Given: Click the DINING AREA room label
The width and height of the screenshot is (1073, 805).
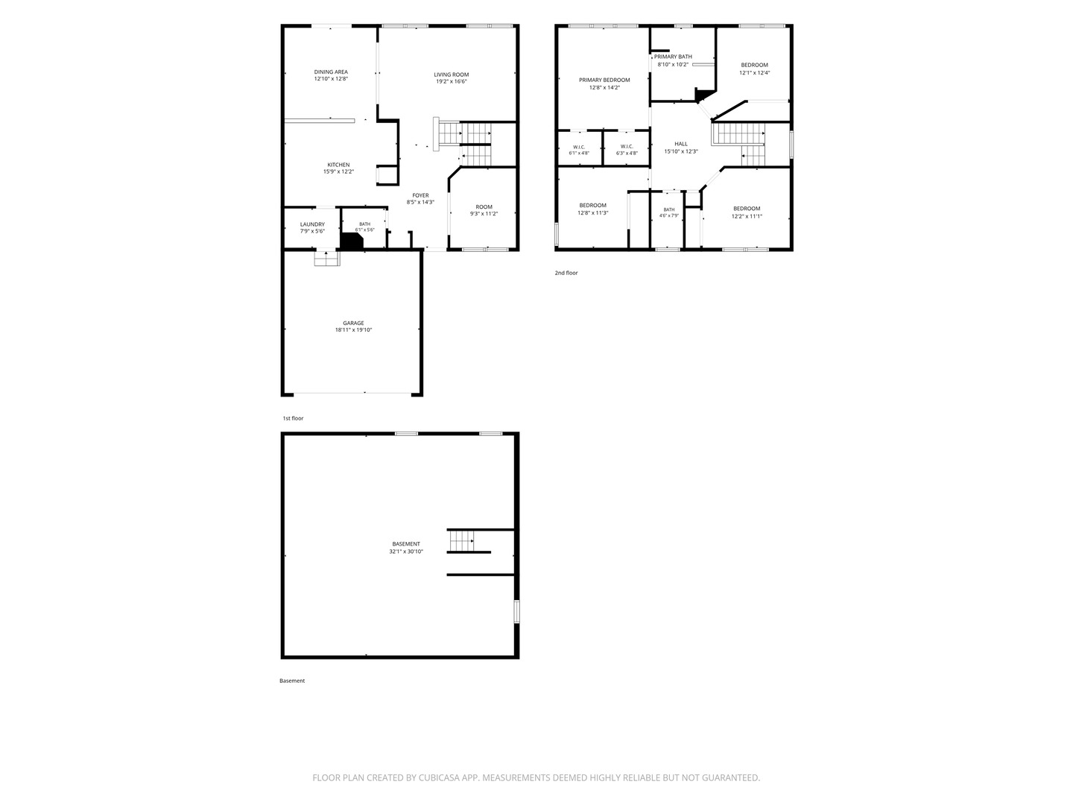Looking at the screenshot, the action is (331, 72).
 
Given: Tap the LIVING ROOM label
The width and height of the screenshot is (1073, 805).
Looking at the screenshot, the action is (452, 75).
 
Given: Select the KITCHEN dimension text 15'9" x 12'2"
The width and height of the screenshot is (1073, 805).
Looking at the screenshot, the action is (338, 171).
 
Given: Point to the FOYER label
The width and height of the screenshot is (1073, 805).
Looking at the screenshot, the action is (420, 195).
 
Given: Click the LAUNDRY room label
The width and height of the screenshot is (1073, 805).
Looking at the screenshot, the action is (312, 224).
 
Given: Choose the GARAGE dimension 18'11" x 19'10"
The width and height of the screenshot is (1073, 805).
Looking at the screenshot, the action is (353, 330).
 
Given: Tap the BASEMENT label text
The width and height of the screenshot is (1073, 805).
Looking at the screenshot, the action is (406, 544).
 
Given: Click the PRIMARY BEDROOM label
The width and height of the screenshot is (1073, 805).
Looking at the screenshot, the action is (605, 80).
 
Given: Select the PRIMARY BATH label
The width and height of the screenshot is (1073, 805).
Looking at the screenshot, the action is (673, 57).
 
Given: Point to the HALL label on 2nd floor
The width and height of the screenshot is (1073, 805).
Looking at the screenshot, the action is (681, 144).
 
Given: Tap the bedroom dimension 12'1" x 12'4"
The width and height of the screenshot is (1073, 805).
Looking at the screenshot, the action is (754, 73).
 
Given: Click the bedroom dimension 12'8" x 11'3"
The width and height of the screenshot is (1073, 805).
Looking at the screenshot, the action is (593, 213).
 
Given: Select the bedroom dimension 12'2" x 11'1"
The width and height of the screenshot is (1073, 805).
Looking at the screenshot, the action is (747, 216).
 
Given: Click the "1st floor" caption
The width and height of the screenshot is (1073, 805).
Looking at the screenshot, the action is (293, 418).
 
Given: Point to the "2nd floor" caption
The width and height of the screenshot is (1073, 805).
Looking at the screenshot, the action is (566, 273).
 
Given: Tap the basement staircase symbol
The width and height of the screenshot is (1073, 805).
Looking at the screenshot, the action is (462, 541).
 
